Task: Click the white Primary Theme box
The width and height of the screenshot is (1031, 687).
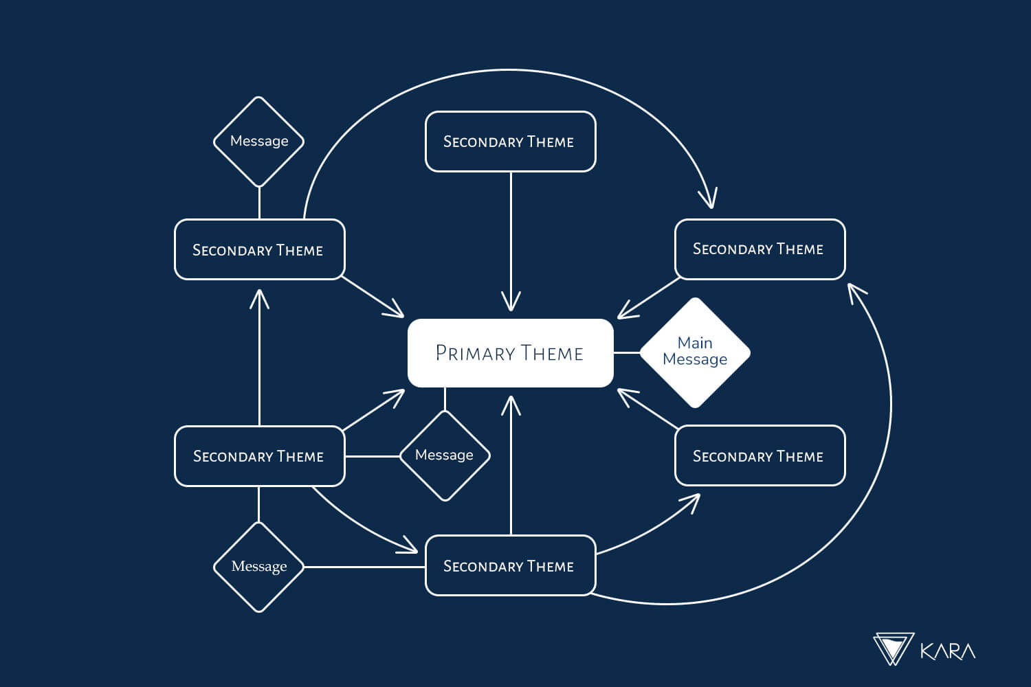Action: pyautogui.click(x=510, y=353)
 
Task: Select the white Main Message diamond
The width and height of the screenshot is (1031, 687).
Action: pyautogui.click(x=695, y=352)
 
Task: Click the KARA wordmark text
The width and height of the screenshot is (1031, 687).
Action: pyautogui.click(x=947, y=651)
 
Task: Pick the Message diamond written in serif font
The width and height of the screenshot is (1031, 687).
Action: pyautogui.click(x=259, y=567)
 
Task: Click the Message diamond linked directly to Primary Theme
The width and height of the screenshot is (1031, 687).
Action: pyautogui.click(x=445, y=455)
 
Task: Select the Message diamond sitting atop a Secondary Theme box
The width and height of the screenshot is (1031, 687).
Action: pyautogui.click(x=259, y=142)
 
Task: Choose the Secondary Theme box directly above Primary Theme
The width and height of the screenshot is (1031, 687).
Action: pyautogui.click(x=510, y=142)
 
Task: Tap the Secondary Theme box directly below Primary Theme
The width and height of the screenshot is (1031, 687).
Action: pyautogui.click(x=510, y=565)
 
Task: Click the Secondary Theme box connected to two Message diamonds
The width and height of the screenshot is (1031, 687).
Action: pyautogui.click(x=259, y=456)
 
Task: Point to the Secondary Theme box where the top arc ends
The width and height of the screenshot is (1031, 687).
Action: pyautogui.click(x=760, y=249)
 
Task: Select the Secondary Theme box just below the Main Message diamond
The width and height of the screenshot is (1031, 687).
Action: pyautogui.click(x=760, y=456)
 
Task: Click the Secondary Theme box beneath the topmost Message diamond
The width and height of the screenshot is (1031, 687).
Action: pyautogui.click(x=259, y=249)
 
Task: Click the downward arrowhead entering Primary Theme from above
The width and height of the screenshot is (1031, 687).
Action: pyautogui.click(x=511, y=302)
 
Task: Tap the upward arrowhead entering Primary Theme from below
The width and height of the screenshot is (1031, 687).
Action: pyautogui.click(x=511, y=405)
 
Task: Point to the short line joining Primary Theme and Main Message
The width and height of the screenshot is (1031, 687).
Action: pyautogui.click(x=626, y=352)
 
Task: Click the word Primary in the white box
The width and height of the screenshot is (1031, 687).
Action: pyautogui.click(x=474, y=353)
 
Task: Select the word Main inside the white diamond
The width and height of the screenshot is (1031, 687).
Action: pyautogui.click(x=695, y=343)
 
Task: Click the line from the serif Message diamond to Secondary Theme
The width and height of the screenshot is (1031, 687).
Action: pyautogui.click(x=364, y=567)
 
